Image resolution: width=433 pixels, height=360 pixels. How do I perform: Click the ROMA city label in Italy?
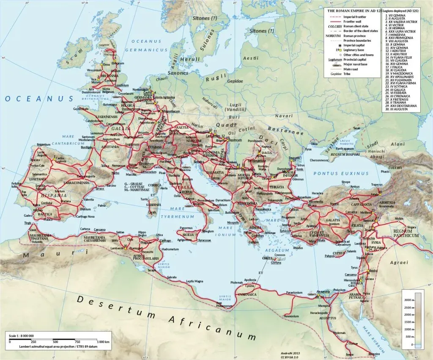187,192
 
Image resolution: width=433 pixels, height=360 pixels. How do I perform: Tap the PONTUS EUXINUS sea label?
335,173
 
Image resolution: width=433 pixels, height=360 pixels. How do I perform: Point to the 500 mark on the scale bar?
55,341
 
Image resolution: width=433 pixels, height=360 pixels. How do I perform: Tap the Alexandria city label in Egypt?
323,291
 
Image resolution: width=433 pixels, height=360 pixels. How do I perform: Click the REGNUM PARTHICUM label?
406,233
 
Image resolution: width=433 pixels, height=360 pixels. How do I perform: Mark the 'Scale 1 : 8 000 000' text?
22,335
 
